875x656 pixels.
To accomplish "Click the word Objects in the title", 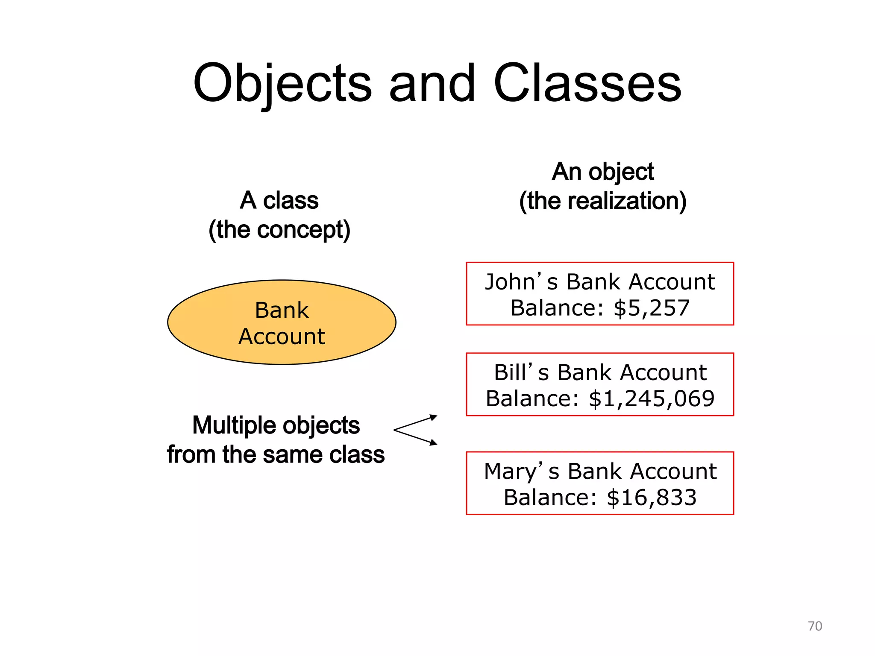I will [x=282, y=83].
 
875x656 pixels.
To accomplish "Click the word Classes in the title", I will [x=587, y=83].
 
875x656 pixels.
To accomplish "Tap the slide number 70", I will [x=815, y=626].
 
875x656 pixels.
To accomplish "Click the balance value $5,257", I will [x=652, y=308].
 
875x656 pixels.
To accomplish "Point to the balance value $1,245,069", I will [x=652, y=399].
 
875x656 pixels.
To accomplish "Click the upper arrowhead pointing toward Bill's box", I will [x=433, y=417].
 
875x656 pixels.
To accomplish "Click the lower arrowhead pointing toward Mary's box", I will [x=433, y=443].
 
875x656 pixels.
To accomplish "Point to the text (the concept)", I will [x=279, y=230].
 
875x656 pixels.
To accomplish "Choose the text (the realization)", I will [x=602, y=201].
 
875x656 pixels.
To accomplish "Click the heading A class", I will [x=279, y=200].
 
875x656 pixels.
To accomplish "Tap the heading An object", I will [x=602, y=172].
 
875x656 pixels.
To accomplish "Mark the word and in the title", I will [x=432, y=83].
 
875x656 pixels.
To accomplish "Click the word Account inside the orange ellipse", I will [x=282, y=337].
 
